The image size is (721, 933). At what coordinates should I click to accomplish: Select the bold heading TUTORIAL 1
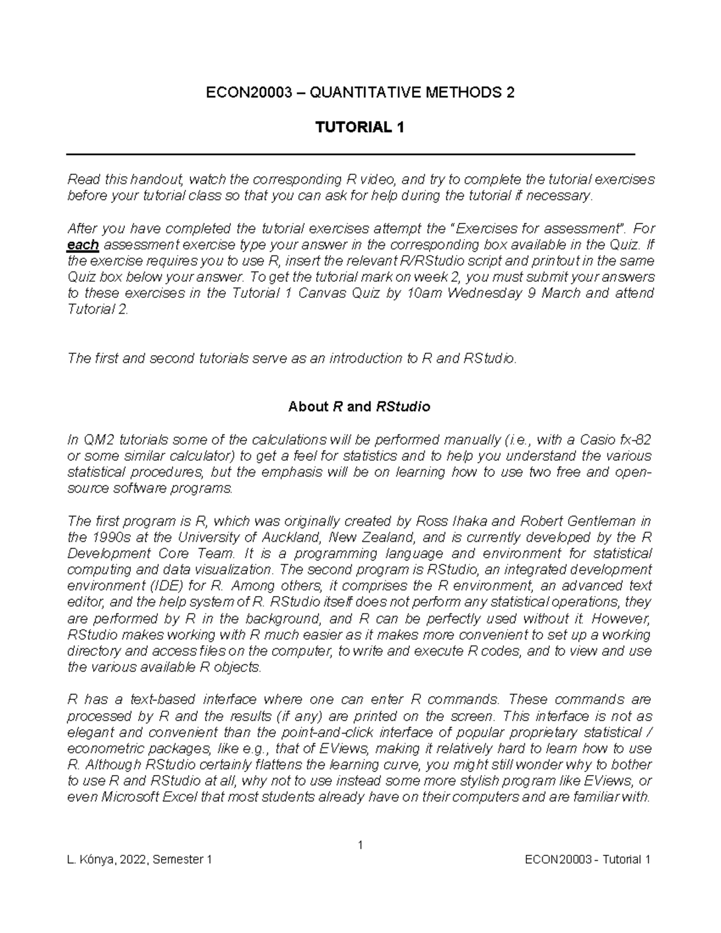tap(360, 127)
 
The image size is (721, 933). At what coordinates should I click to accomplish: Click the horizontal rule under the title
tap(350, 155)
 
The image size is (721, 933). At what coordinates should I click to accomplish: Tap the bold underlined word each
tap(83, 245)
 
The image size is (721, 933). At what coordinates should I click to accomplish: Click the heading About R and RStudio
tap(359, 407)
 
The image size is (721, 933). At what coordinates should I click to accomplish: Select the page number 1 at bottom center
tap(360, 845)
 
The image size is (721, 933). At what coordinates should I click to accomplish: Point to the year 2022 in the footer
tap(133, 860)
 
